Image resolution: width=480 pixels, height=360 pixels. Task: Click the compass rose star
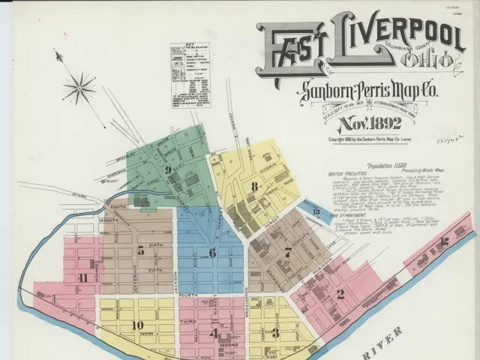pyautogui.click(x=79, y=88)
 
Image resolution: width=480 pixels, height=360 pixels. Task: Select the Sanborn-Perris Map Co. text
pyautogui.click(x=372, y=93)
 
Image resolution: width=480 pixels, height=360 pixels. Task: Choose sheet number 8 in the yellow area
pyautogui.click(x=255, y=186)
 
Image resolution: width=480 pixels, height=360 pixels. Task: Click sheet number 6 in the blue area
pyautogui.click(x=212, y=253)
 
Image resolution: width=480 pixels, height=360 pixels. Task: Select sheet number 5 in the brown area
pyautogui.click(x=140, y=250)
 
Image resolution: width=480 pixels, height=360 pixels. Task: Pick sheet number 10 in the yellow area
pyautogui.click(x=137, y=325)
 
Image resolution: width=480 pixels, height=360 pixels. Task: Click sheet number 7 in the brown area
pyautogui.click(x=287, y=253)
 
